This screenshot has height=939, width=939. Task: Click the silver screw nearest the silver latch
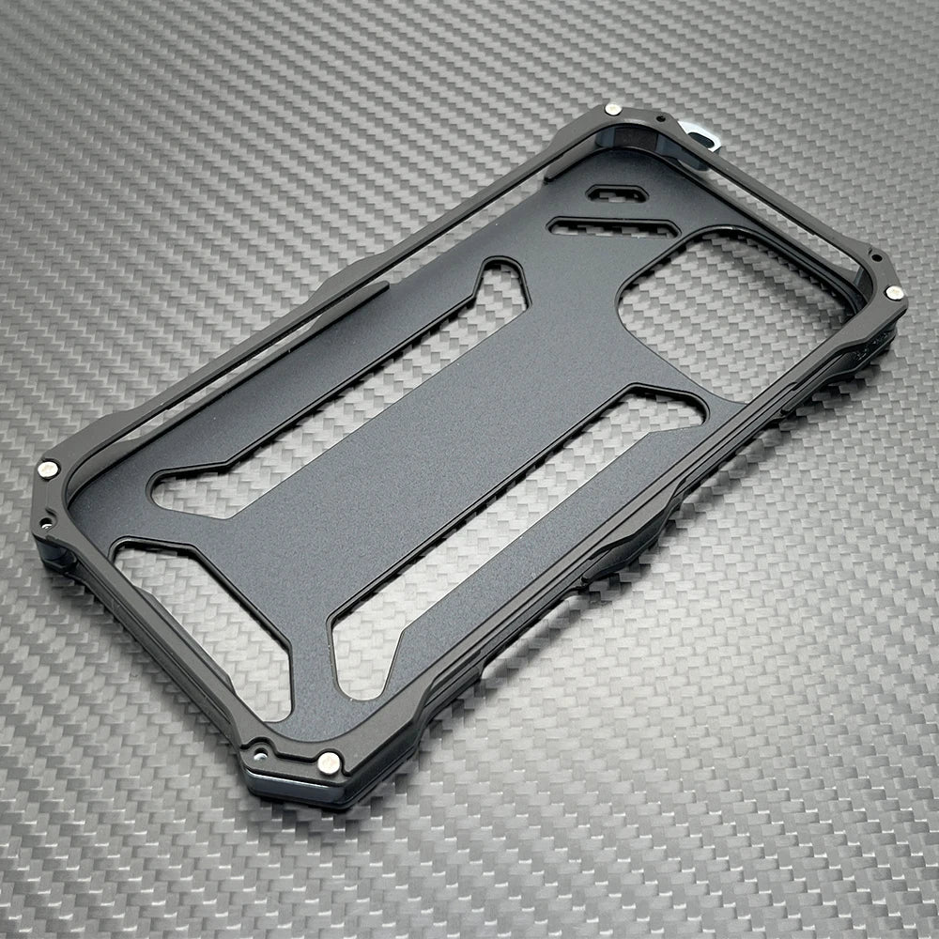[613, 110]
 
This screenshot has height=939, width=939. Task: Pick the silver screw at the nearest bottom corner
[329, 762]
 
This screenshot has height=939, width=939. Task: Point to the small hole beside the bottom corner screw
[255, 751]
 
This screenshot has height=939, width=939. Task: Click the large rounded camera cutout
[732, 310]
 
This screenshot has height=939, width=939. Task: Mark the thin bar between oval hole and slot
[615, 210]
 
